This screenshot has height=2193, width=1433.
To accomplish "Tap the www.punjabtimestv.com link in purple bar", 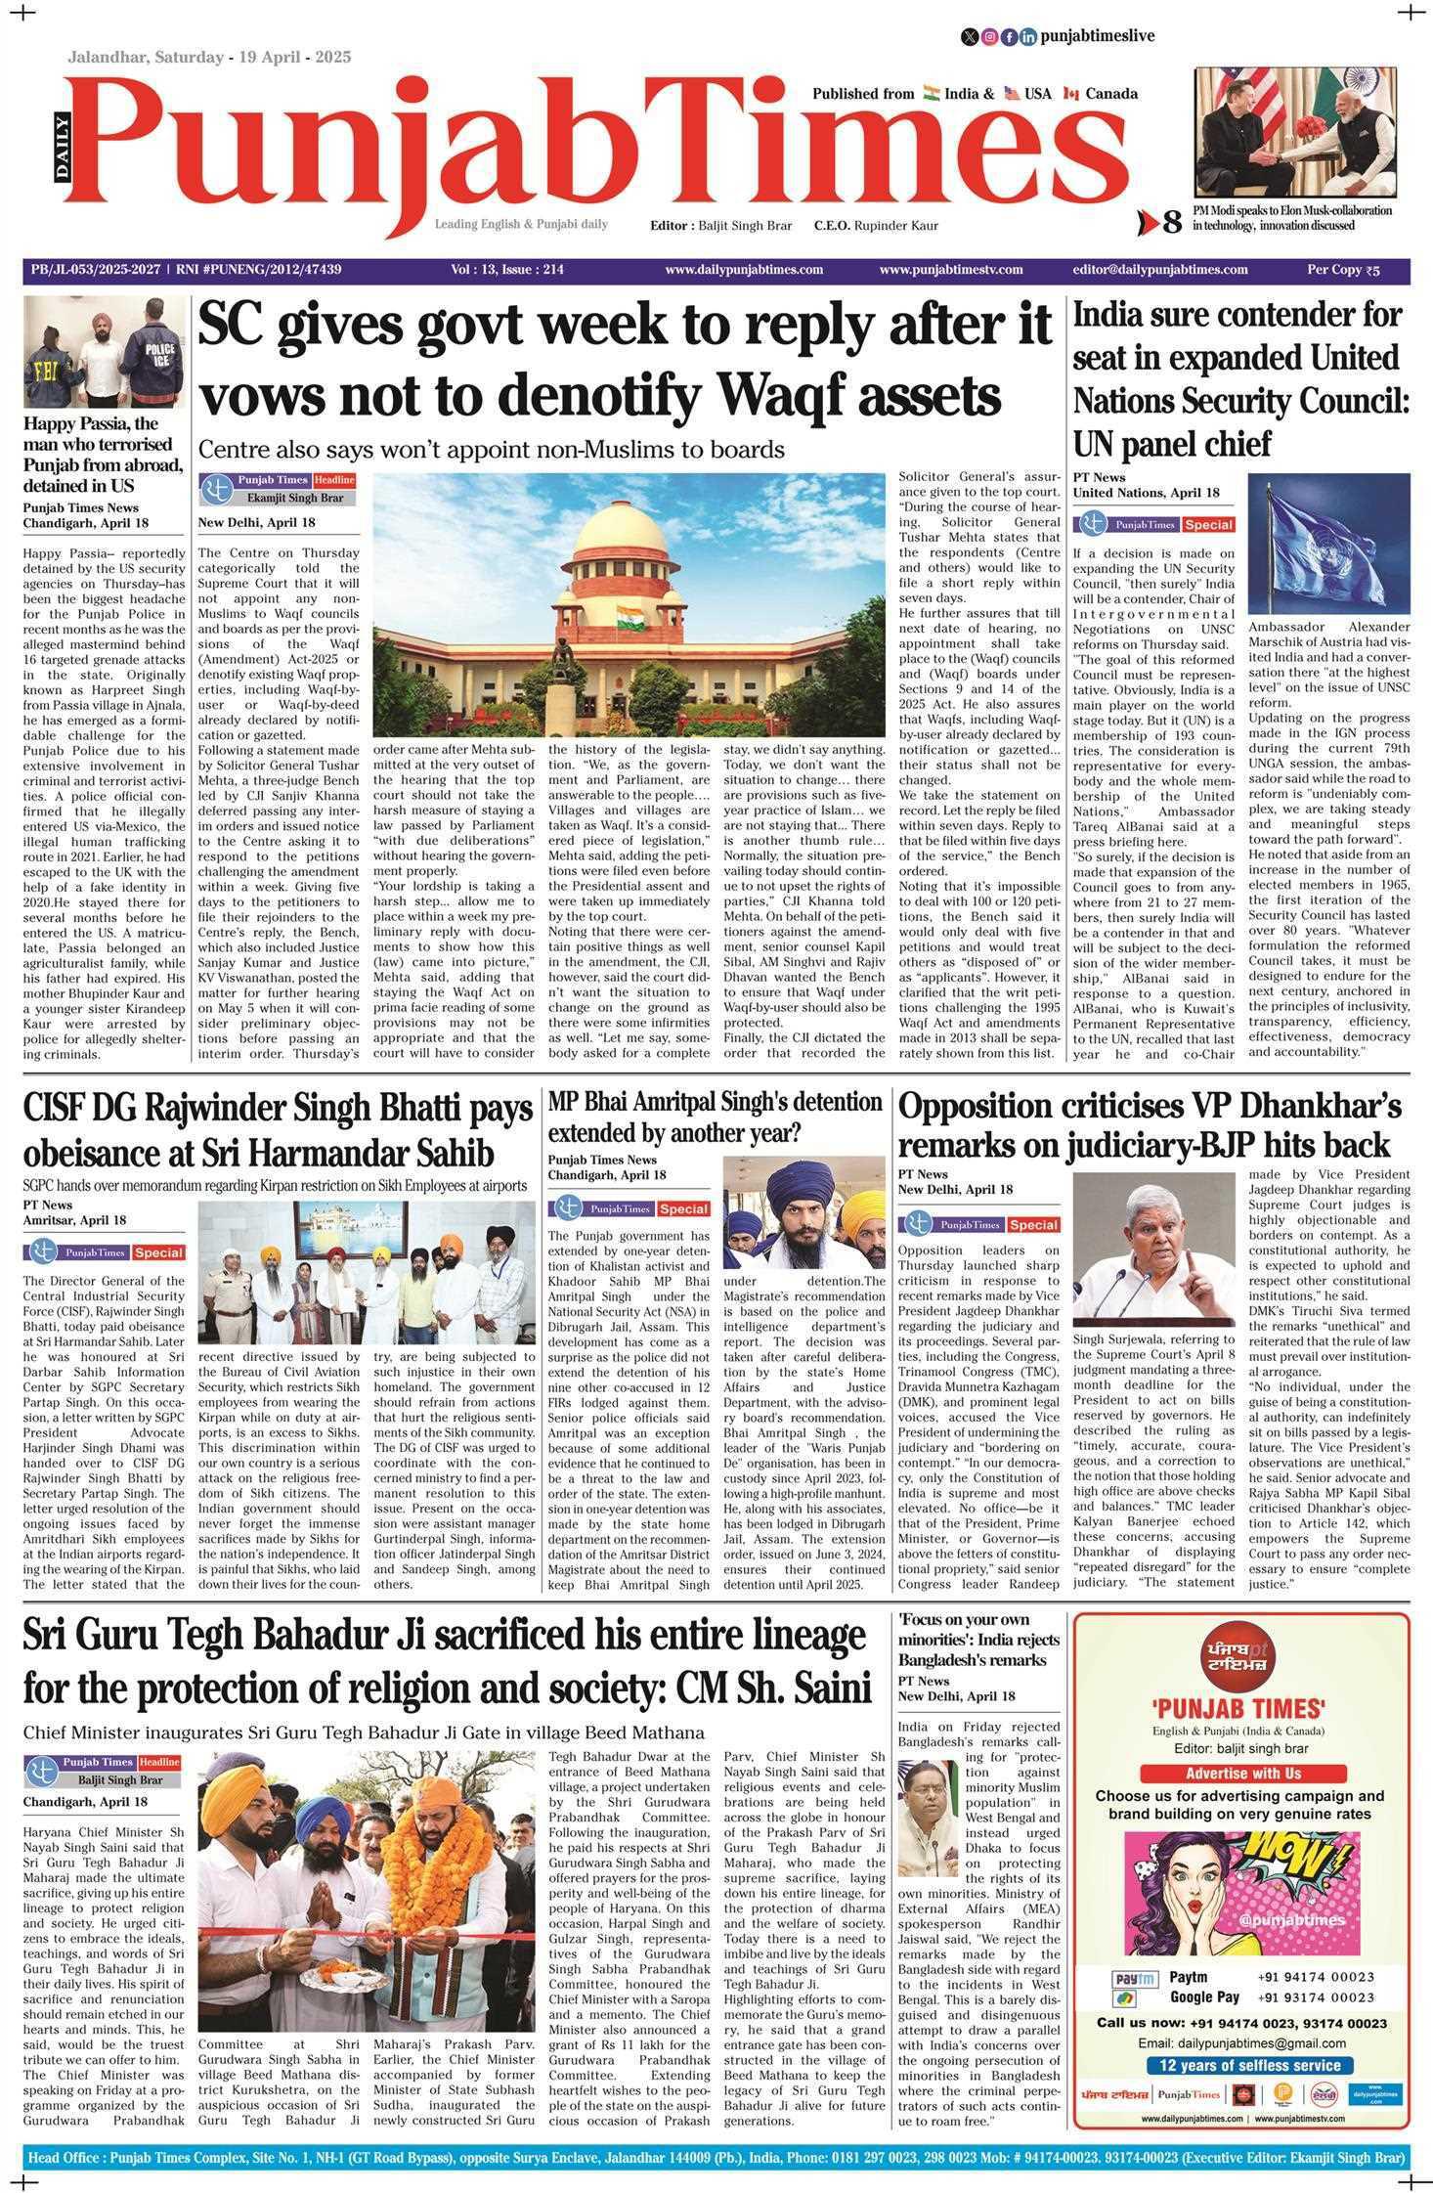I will pos(950,270).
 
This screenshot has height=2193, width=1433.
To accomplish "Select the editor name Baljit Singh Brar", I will pos(745,226).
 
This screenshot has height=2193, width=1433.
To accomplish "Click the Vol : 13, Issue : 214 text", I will pos(507,270).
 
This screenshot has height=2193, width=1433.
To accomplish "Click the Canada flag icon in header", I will pos(1070,94).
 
